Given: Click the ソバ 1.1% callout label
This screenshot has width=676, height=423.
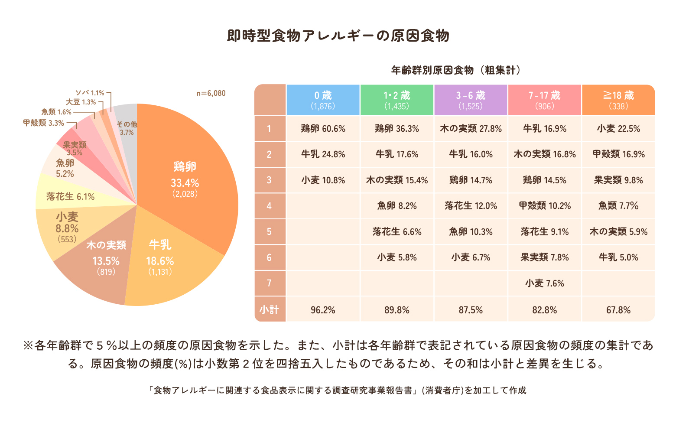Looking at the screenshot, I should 90,93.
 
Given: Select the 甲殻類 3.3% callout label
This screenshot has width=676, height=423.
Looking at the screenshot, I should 43,123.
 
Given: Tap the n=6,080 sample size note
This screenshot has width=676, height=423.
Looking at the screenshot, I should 211,93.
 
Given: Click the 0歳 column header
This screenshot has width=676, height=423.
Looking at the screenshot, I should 323,100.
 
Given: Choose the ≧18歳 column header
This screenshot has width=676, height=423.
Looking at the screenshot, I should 618,100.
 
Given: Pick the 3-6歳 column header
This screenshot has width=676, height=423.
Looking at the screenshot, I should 471,100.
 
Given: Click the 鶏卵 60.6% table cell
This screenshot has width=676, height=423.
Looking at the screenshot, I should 323,129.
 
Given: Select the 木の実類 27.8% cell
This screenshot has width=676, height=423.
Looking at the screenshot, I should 471,129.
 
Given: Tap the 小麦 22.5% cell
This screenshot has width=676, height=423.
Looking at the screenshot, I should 618,129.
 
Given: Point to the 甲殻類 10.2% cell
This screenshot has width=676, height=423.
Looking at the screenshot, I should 545,206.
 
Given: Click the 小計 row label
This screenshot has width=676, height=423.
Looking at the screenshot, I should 269,309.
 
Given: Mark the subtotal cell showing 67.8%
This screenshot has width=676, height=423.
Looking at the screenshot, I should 618,310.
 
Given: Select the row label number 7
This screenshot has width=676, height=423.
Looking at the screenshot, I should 269,283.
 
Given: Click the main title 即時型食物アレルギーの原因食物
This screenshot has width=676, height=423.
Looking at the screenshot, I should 338,36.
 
